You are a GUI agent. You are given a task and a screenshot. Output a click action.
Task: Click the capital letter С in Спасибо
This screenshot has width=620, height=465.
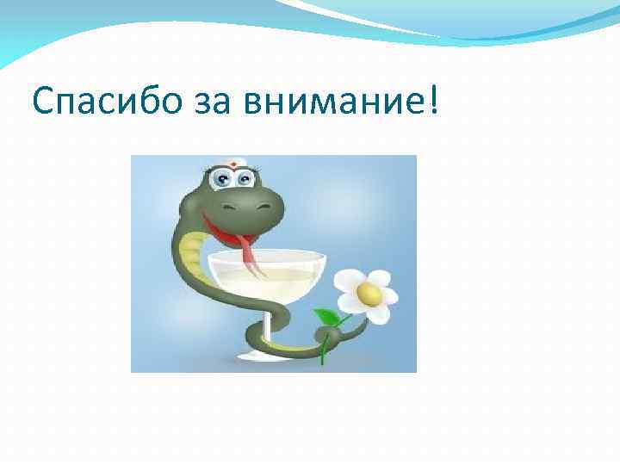point(42,104)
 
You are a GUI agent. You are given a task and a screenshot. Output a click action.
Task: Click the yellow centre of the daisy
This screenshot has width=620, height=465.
point(369,294)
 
